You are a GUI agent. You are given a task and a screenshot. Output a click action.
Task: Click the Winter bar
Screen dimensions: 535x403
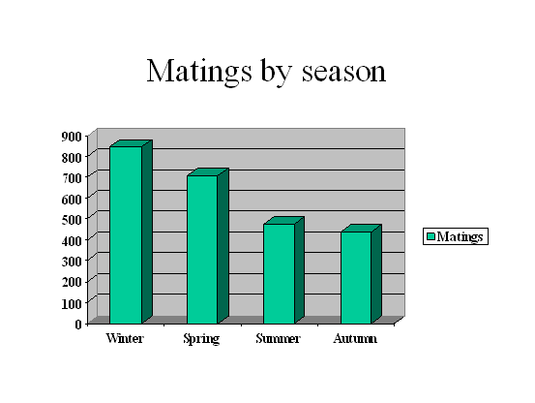point(131,232)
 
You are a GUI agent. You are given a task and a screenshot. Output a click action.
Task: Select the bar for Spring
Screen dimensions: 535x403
point(207,246)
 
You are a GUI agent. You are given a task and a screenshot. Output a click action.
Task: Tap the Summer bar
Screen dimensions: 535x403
point(283,270)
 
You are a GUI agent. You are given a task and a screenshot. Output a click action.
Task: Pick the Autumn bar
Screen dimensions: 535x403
point(361,274)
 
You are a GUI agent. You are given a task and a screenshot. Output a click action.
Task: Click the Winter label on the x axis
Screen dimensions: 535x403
point(125,338)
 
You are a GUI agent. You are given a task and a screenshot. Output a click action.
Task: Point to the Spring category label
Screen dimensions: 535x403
point(201,339)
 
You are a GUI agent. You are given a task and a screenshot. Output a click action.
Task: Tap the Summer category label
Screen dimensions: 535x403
point(278,338)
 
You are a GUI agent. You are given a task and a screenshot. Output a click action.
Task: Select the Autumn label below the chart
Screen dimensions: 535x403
point(355,338)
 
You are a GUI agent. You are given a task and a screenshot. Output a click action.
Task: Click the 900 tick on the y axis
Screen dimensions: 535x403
point(72,137)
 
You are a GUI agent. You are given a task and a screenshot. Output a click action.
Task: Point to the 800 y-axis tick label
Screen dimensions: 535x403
point(72,158)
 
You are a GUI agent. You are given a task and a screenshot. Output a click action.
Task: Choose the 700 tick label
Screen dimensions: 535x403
point(72,178)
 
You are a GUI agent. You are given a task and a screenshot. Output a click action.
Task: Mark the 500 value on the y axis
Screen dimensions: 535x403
point(72,220)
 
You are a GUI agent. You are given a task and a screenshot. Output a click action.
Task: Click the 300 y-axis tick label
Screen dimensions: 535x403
point(72,262)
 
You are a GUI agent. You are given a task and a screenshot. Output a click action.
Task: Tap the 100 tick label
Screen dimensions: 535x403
point(72,303)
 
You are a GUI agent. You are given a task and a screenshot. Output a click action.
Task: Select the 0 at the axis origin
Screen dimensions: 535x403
point(78,324)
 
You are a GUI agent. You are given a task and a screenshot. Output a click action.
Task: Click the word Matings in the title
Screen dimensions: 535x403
point(199,72)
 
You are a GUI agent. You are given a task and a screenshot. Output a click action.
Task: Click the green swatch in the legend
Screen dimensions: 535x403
point(431,236)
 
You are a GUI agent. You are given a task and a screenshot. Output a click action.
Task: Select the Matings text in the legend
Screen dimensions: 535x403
point(460,236)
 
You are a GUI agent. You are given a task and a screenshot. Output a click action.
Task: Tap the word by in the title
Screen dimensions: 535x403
point(277,73)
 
